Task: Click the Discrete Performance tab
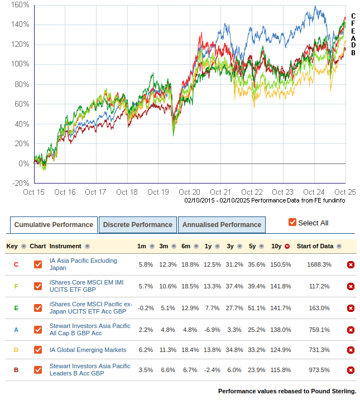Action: coord(137,225)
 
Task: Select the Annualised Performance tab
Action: coord(221,225)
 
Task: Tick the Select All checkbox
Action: coord(292,223)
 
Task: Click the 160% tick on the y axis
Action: coord(20,4)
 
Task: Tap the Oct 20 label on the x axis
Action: coord(190,192)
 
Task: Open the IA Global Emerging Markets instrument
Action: coord(88,350)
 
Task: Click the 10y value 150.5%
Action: coord(281,264)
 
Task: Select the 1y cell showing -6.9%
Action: coord(208,330)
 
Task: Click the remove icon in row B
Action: coord(351,370)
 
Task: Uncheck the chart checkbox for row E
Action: coord(38,308)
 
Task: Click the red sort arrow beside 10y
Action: coord(287,247)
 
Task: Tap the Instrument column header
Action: coord(65,246)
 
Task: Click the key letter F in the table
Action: coord(16,286)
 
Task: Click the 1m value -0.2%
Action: coord(145,308)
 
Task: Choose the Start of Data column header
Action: coord(315,246)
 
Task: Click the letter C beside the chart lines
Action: coord(353,16)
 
